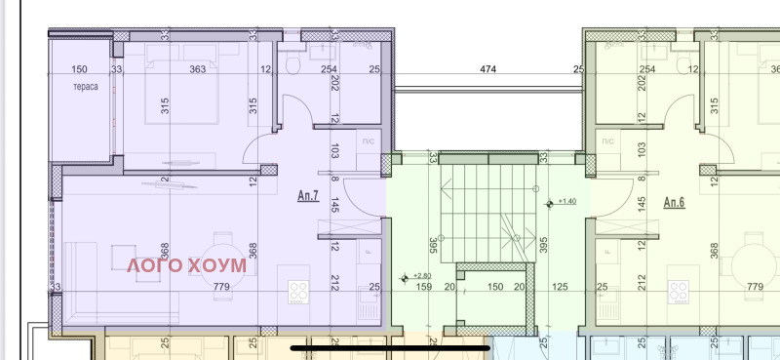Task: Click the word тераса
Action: tap(85, 87)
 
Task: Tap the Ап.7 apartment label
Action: tap(308, 195)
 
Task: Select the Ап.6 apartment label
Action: tap(675, 202)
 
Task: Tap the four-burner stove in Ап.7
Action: tap(299, 291)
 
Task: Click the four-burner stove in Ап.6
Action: tap(679, 291)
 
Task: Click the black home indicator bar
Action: tap(389, 345)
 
